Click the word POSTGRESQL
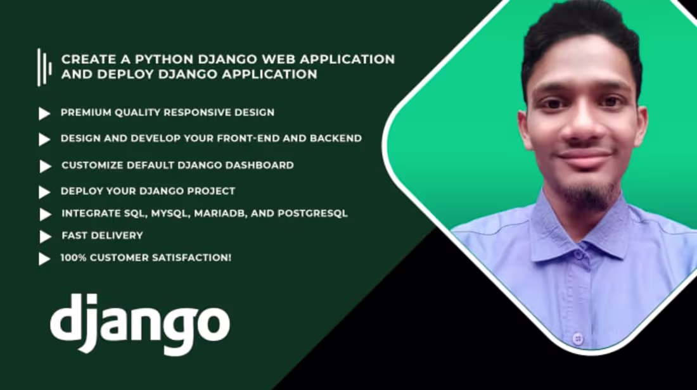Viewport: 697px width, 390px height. coord(312,213)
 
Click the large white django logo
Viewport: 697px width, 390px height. coord(139,323)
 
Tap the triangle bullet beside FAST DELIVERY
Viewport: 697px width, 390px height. coord(45,237)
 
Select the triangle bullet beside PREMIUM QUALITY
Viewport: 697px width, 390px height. coord(44,114)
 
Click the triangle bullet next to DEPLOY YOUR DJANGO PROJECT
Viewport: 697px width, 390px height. coord(44,192)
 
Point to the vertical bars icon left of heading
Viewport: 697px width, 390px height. coord(44,67)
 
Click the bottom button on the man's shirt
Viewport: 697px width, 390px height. coord(578,339)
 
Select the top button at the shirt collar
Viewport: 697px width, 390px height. coord(579,255)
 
